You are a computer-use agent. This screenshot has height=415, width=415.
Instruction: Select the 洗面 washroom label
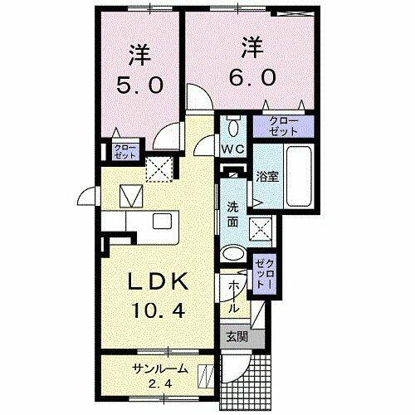[x=233, y=214]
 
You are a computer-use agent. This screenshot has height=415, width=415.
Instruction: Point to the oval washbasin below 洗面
[x=234, y=254]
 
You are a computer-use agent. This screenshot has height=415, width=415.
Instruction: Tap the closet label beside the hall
[x=264, y=272]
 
